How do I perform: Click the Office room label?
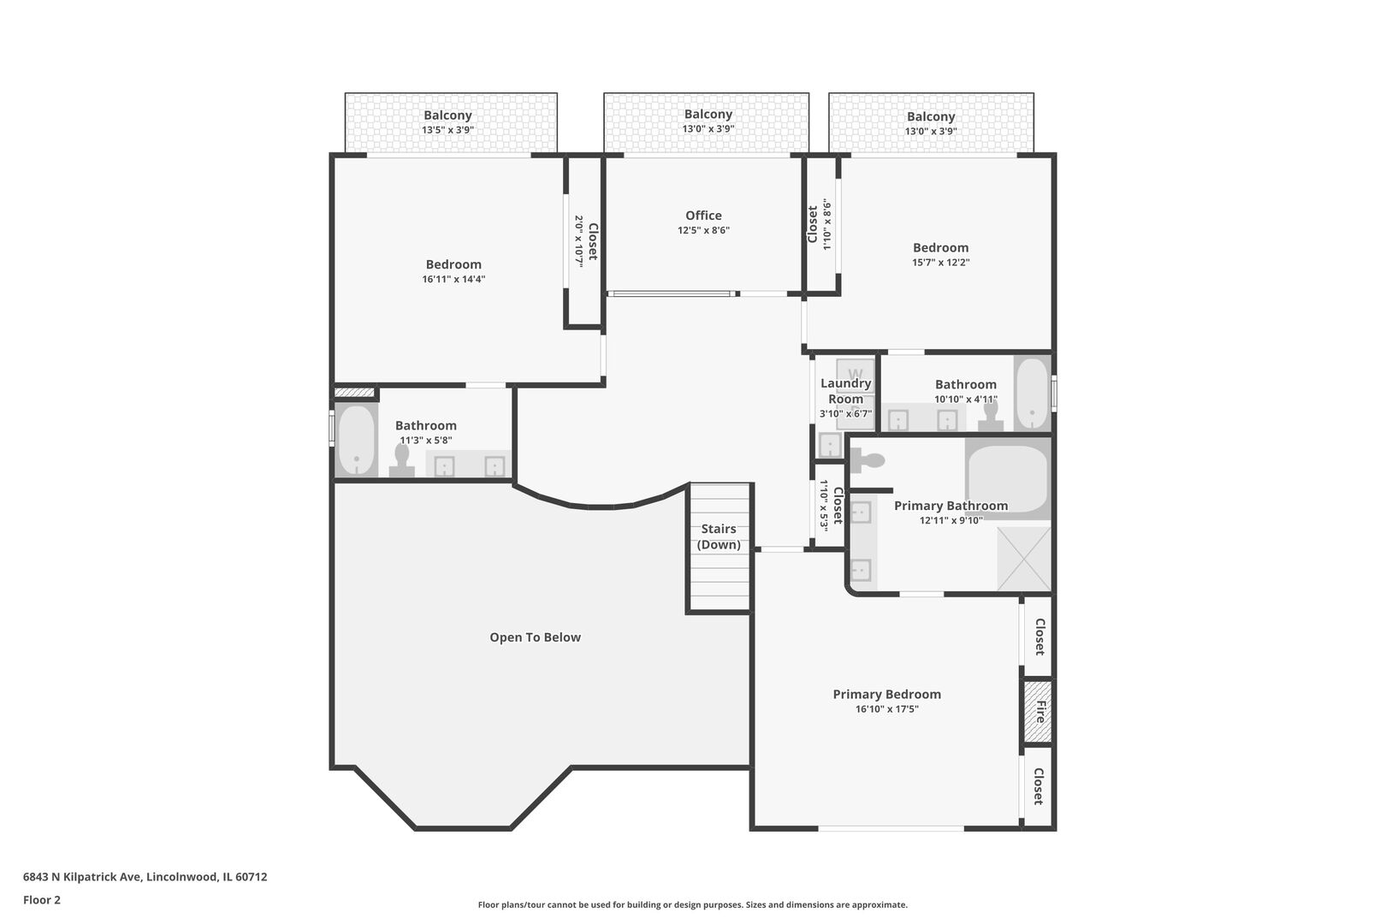click(703, 216)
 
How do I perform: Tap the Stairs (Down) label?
click(719, 536)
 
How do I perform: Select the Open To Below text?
click(536, 637)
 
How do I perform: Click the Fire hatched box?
click(1037, 712)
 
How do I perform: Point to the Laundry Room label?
click(846, 391)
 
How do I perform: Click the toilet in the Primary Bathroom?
click(868, 460)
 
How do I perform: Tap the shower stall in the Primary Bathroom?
click(1024, 559)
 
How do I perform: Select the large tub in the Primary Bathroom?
click(1008, 478)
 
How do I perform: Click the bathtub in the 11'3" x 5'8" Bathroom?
click(357, 440)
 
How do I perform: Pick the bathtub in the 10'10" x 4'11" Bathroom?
click(1032, 394)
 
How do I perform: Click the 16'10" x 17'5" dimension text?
click(886, 709)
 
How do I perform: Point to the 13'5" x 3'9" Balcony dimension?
click(448, 130)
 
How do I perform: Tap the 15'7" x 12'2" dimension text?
click(940, 263)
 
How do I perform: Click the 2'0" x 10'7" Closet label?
click(586, 241)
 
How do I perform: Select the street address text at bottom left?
click(145, 877)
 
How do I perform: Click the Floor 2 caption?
click(42, 900)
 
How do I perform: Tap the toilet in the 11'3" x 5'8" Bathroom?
click(402, 460)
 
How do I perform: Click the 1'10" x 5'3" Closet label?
click(831, 505)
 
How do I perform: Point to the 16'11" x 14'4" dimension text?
click(453, 279)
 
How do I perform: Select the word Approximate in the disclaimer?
click(880, 905)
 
